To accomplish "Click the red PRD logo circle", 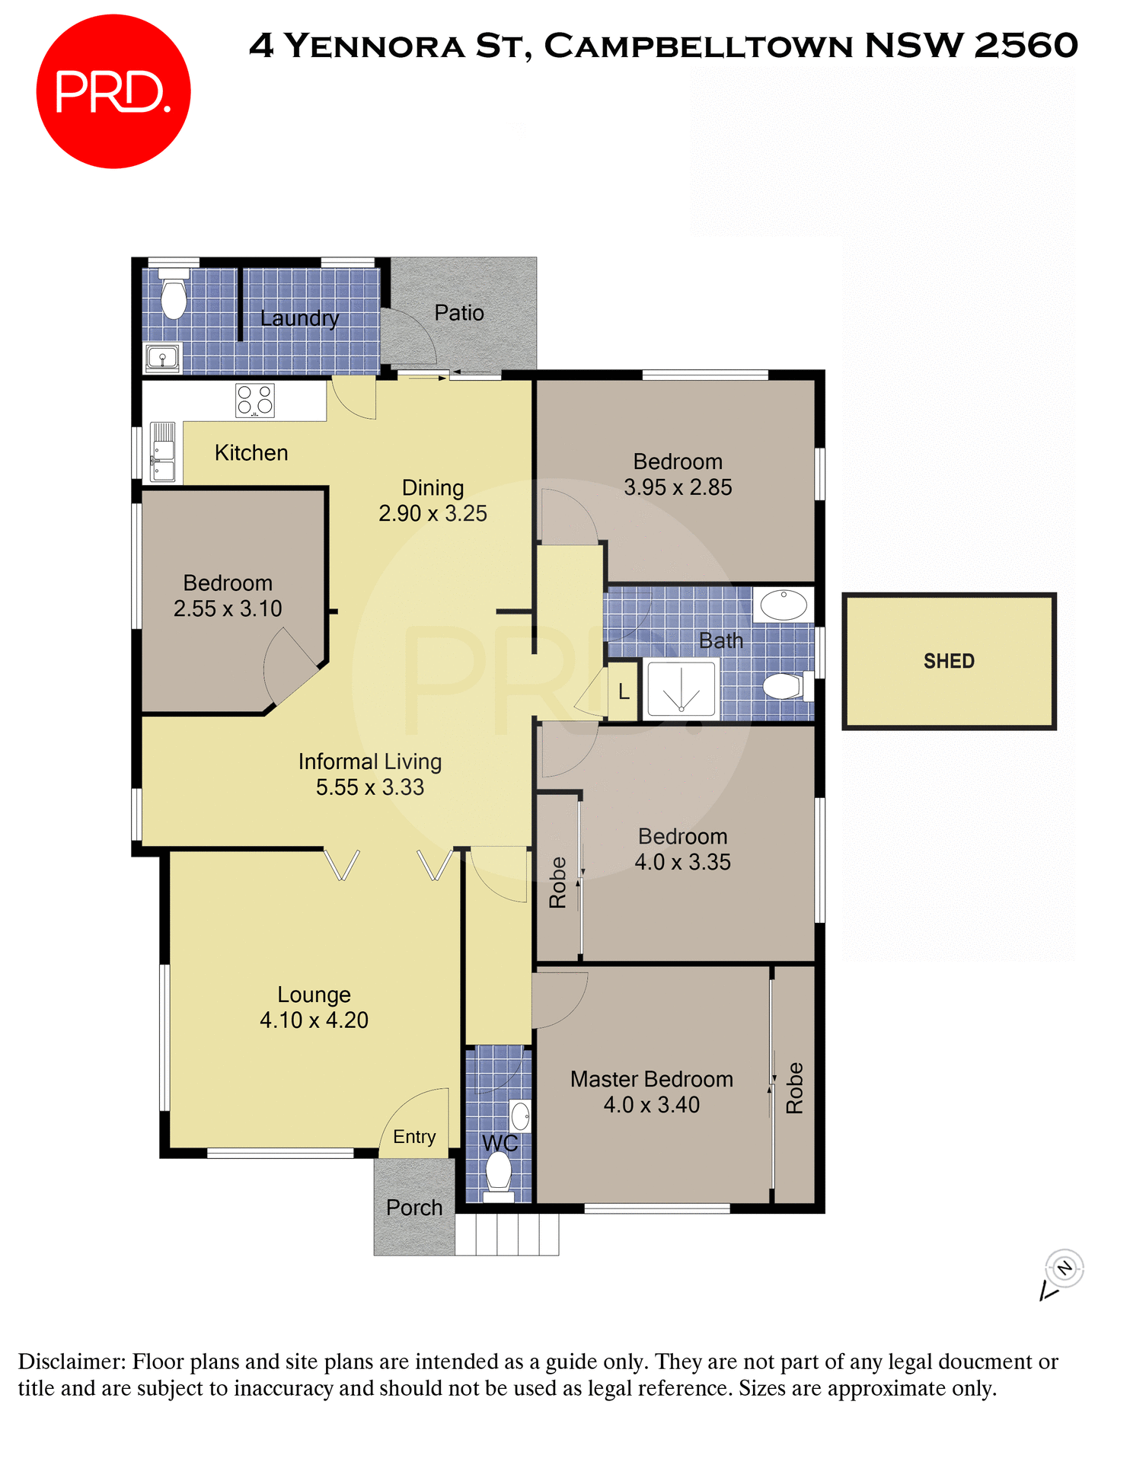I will [113, 91].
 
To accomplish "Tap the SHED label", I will [949, 661].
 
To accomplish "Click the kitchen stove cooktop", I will [254, 400].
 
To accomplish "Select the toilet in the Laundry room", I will [174, 296].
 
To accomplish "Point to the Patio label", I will [459, 313].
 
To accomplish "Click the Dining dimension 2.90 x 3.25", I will [433, 514].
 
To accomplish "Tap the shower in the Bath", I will [682, 689].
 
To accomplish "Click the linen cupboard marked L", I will [624, 691].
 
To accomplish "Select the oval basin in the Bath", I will [784, 605].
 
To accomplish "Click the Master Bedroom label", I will [651, 1079].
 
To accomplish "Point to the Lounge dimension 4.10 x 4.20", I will [314, 1020].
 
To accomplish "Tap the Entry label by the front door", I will [414, 1137].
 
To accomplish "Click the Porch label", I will [413, 1208].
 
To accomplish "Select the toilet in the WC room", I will [499, 1173].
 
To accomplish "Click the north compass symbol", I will [1064, 1269].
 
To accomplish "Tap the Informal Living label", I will [369, 761].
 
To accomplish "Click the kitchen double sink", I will [163, 453].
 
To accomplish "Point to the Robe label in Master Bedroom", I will [794, 1088].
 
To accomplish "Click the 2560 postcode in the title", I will [1026, 46].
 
